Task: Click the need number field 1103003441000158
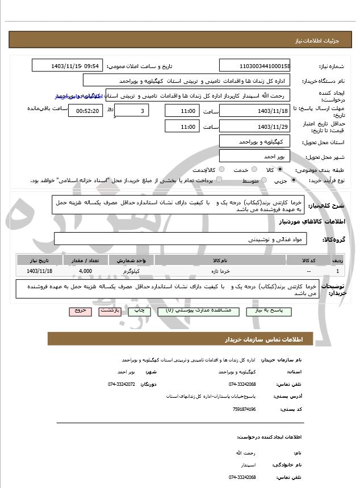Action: point(255,66)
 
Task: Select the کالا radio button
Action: point(279,170)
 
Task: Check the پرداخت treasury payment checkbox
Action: point(219,180)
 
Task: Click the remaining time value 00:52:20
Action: point(85,111)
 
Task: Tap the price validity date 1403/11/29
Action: point(255,127)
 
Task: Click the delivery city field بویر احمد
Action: point(255,155)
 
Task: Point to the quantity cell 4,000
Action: point(86,271)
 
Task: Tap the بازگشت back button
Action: point(110,312)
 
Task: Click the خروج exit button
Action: point(80,312)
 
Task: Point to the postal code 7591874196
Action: point(244,409)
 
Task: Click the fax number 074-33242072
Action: point(122,384)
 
